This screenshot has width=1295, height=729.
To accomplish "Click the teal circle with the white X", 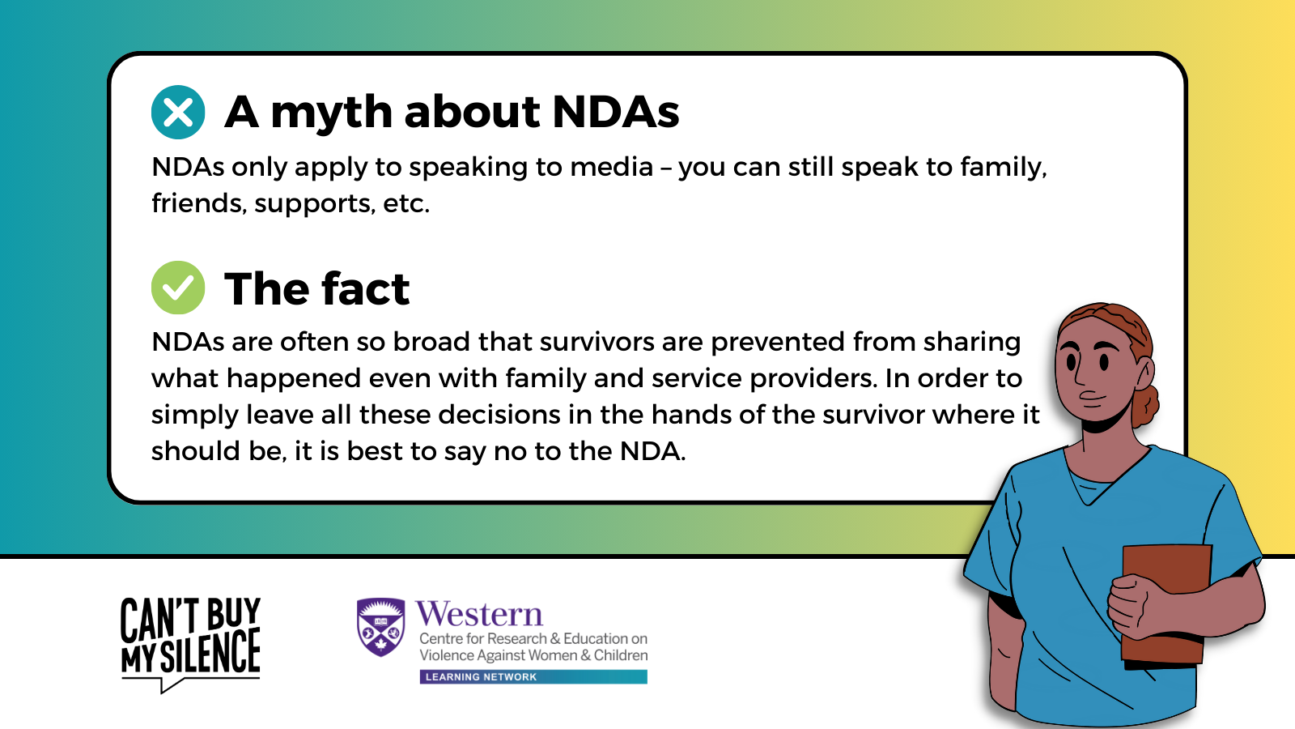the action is [x=178, y=113].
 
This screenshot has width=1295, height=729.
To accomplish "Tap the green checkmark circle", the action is [x=178, y=288].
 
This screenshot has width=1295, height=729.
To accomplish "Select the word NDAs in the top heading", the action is [x=616, y=112].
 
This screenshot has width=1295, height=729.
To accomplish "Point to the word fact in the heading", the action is [x=365, y=288].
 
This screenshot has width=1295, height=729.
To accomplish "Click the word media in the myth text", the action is [x=612, y=167].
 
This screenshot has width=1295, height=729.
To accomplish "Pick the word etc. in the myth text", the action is [x=405, y=203].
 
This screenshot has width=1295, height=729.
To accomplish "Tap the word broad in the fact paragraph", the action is [x=432, y=342].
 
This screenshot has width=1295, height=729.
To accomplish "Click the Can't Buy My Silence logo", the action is [x=191, y=645].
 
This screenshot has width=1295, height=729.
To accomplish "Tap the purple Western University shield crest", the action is [x=381, y=627].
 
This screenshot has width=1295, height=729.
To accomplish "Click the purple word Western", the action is [x=478, y=615].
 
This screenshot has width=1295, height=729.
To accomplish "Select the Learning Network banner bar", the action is [x=533, y=677].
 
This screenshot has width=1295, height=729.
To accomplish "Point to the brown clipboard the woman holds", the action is [x=1165, y=605].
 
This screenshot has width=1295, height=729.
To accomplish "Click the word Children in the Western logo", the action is [x=621, y=655].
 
